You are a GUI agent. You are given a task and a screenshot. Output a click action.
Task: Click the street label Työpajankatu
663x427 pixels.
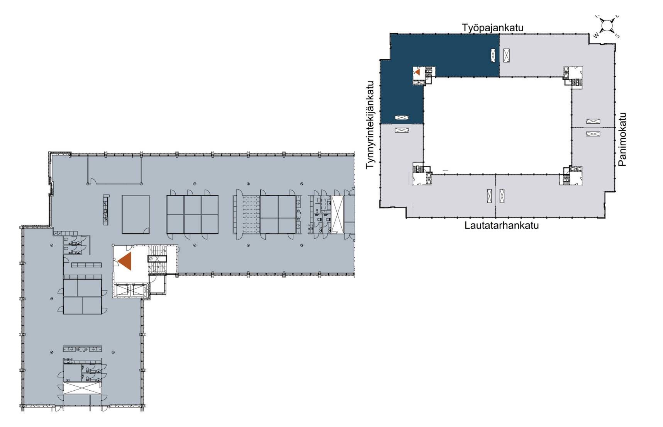coord(493,28)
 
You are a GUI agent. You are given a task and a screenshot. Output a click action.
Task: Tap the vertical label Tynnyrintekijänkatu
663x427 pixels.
coord(371,125)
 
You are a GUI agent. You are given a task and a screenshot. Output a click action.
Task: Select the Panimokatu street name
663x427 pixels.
coord(622,139)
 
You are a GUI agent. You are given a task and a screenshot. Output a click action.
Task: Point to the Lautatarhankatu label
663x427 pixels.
coord(502,225)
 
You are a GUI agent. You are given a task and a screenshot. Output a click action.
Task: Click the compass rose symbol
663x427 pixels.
coord(607,26)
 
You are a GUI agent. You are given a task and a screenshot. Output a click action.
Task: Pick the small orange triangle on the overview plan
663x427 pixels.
coord(417,71)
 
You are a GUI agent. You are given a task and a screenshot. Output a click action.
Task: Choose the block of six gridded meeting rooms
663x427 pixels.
coord(192,214)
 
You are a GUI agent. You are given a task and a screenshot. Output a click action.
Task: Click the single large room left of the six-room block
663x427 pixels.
coord(136,214)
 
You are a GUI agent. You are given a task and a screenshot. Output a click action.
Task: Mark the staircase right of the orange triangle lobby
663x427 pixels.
coord(158,260)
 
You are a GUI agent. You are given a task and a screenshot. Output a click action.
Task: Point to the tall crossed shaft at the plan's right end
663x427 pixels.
coord(338,214)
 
